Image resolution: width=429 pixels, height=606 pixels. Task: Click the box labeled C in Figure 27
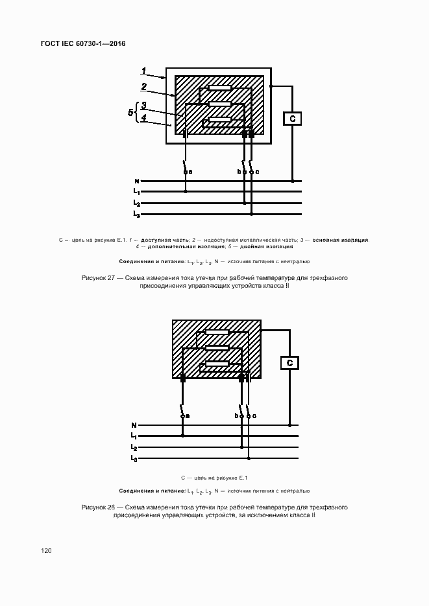[x=293, y=119]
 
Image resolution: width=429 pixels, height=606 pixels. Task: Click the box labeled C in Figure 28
[x=290, y=362]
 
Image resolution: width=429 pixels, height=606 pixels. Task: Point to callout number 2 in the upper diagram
[x=144, y=86]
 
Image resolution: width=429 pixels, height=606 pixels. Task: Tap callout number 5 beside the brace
[x=130, y=112]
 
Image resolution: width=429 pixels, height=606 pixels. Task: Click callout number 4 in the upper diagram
[x=143, y=117]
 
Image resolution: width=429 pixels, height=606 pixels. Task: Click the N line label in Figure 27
[x=136, y=181]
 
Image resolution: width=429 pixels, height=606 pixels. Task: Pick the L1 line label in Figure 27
[x=136, y=192]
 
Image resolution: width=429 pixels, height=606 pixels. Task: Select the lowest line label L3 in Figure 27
[x=136, y=213]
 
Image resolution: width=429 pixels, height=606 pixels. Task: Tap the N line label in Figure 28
[x=134, y=425]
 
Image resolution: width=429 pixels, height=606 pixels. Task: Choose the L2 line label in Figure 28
[x=134, y=447]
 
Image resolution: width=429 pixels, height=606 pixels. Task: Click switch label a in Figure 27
[x=190, y=171]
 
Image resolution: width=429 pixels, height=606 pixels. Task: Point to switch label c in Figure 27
[x=257, y=171]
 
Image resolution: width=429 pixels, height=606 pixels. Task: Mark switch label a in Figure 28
[x=188, y=415]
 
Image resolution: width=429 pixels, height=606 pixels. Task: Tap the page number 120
[x=46, y=550]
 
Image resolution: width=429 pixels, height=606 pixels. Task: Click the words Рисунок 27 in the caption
[x=98, y=277]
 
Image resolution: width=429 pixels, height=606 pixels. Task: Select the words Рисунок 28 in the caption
[x=98, y=506]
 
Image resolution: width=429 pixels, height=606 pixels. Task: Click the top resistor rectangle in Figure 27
[x=219, y=88]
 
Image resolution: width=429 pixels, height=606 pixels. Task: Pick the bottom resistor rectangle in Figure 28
[x=217, y=364]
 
